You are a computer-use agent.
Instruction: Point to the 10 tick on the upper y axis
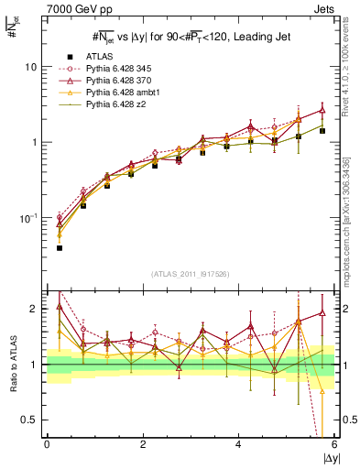(x=29, y=67)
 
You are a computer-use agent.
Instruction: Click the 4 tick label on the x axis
(x=238, y=444)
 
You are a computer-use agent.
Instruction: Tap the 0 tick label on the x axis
(x=47, y=444)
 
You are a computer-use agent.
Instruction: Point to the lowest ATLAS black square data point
(x=60, y=247)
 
